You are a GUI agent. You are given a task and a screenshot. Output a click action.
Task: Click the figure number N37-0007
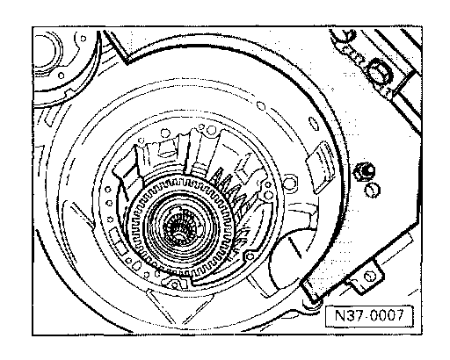[x=369, y=315]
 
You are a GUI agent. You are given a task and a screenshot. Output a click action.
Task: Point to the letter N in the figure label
[x=340, y=315]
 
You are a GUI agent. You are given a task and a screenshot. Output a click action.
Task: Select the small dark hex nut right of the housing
[x=364, y=171]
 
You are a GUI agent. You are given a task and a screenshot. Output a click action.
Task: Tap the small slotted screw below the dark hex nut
[x=373, y=190]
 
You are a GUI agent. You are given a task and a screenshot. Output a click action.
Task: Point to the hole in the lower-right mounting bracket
[x=369, y=276]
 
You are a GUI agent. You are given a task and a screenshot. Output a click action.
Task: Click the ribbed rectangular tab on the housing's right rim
[x=320, y=167]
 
